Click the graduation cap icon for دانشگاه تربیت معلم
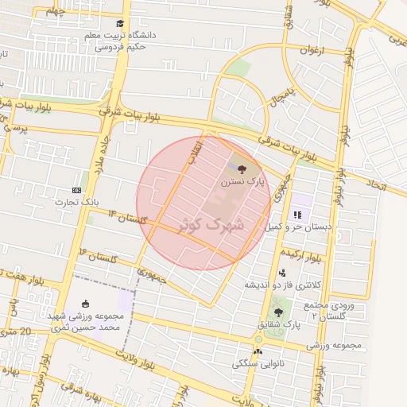click(120, 24)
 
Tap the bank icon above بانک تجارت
click(76, 190)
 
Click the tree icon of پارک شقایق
click(277, 312)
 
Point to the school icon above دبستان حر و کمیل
click(297, 215)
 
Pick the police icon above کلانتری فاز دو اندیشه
click(281, 273)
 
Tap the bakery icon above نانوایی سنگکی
click(257, 351)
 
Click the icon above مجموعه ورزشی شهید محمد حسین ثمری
click(85, 304)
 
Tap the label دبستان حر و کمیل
click(298, 227)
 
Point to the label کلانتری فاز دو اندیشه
click(283, 285)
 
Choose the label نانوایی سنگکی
click(257, 363)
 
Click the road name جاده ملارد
click(103, 152)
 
